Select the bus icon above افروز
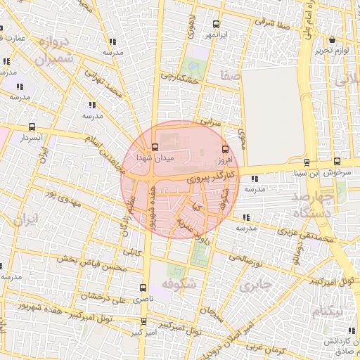225,148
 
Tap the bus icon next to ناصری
143,288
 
